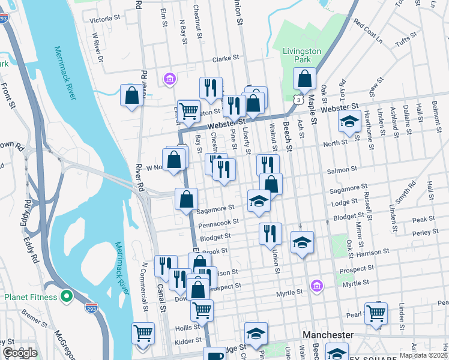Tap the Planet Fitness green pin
coord(67,296)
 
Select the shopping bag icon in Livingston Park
coord(305,79)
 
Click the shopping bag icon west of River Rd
coord(131,95)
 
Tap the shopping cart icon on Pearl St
coord(376,312)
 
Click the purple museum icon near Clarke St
coord(170,79)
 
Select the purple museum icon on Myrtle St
coord(316,287)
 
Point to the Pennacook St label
coord(220,222)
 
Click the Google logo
coord(20,353)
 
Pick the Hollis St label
coord(182,329)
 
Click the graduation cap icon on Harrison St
coord(303,242)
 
